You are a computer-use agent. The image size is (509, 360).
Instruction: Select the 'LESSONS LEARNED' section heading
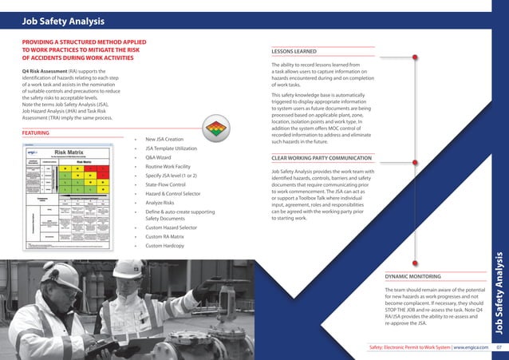click(x=294, y=52)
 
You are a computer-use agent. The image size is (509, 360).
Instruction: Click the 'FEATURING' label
click(x=36, y=133)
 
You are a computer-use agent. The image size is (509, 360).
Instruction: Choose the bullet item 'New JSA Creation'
click(x=164, y=140)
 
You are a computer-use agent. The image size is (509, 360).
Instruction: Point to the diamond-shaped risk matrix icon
click(x=215, y=129)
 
